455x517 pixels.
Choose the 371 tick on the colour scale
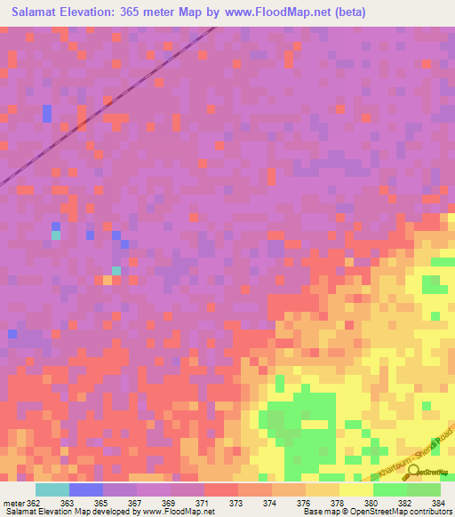coord(204,503)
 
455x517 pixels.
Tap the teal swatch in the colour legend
coord(52,489)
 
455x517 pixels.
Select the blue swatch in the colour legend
coord(86,489)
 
